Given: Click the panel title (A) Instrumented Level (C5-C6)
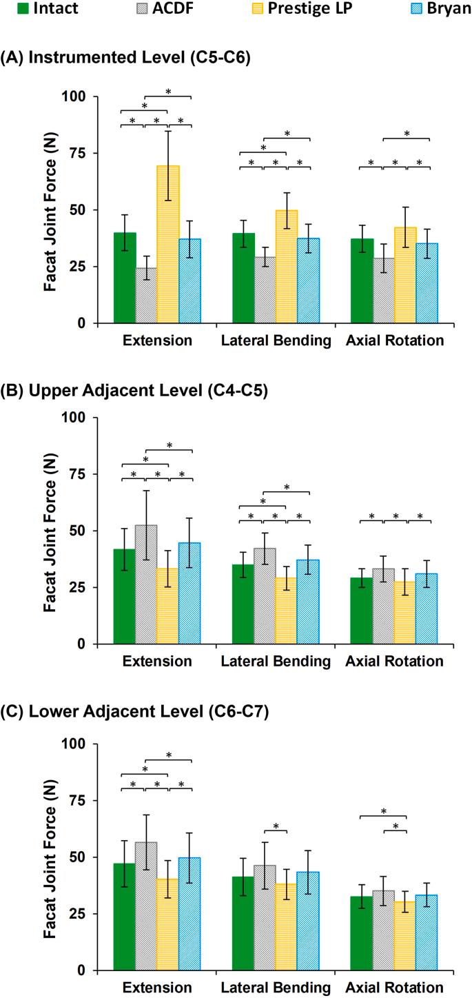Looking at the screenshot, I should click(125, 59).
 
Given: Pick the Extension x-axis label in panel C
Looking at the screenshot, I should click(157, 988).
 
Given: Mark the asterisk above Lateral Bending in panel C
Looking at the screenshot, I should click(276, 827).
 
